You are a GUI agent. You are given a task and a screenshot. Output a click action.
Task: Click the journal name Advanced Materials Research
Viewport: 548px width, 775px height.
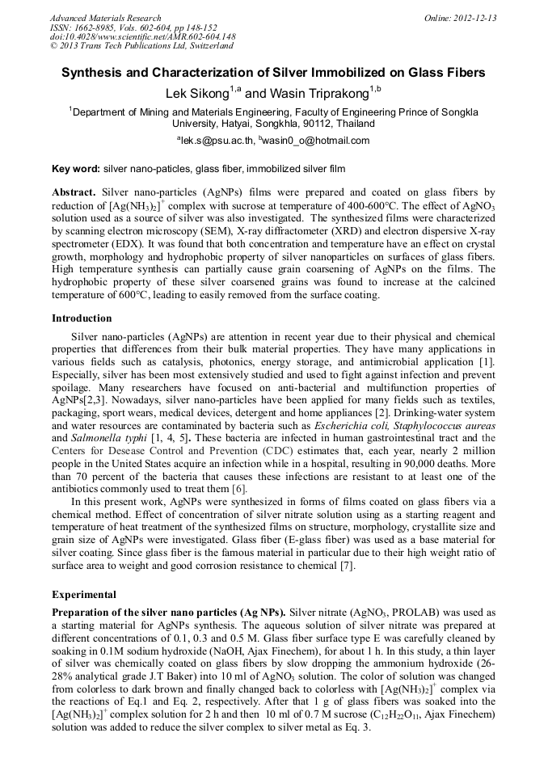[105, 18]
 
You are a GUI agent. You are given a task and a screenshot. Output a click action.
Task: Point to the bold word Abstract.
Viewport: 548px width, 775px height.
[74, 193]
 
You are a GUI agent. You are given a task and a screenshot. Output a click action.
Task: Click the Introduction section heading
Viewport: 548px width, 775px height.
[82, 318]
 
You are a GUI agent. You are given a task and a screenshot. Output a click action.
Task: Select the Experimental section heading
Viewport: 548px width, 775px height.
[83, 595]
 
